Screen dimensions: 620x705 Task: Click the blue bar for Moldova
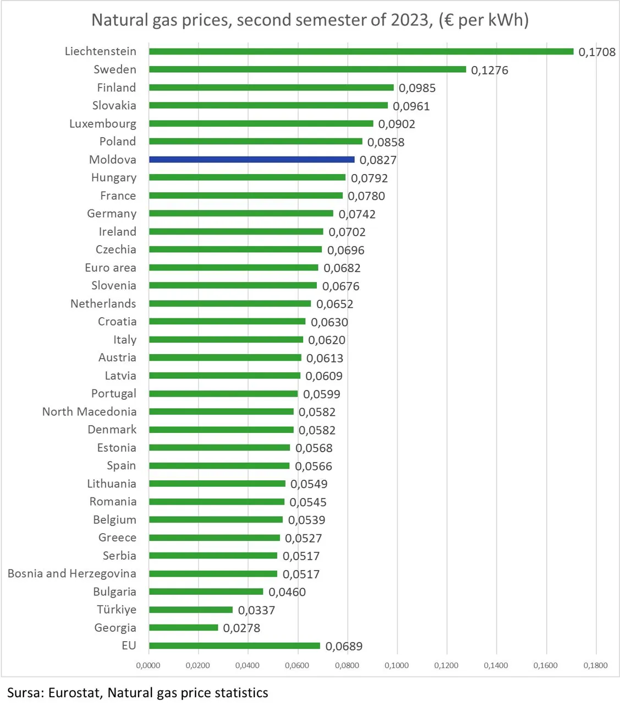point(251,159)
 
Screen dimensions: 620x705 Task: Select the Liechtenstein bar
point(361,52)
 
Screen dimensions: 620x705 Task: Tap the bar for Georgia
point(184,627)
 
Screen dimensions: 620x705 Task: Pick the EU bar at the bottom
point(234,646)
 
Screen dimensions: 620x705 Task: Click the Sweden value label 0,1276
point(489,70)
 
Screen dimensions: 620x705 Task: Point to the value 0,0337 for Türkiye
point(256,610)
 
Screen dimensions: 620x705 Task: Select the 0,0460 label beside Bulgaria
point(287,592)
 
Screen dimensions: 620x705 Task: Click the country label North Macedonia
point(89,411)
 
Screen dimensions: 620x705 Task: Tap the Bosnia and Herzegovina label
point(72,573)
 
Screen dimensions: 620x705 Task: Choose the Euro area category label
point(111,268)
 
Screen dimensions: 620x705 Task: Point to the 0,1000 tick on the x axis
point(397,665)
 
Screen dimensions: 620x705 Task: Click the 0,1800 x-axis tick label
point(595,665)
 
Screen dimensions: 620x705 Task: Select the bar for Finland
point(271,88)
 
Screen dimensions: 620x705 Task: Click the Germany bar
point(241,213)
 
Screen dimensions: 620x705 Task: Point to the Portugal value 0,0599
point(321,394)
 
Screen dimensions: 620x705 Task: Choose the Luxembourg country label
point(103,124)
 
